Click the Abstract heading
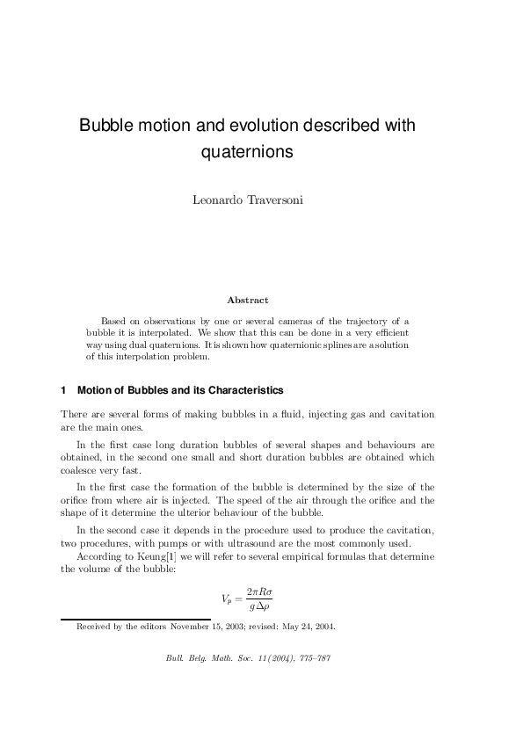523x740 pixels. point(248,301)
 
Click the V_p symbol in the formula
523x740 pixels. point(227,599)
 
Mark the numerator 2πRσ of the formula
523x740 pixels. point(261,591)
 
